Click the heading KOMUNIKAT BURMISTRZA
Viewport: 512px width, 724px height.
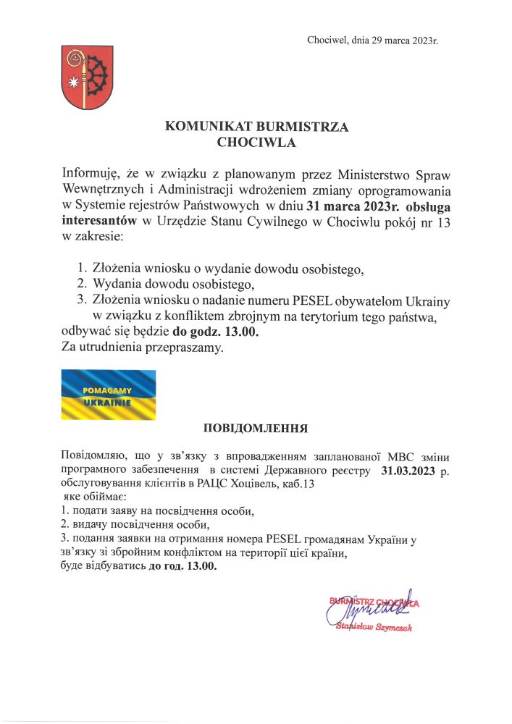pos(257,127)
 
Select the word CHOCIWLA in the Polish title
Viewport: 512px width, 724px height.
pos(257,143)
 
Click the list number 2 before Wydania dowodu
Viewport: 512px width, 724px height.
pos(81,283)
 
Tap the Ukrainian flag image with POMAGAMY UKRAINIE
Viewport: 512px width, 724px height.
pos(107,395)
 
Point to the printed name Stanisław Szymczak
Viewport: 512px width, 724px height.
pos(375,627)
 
